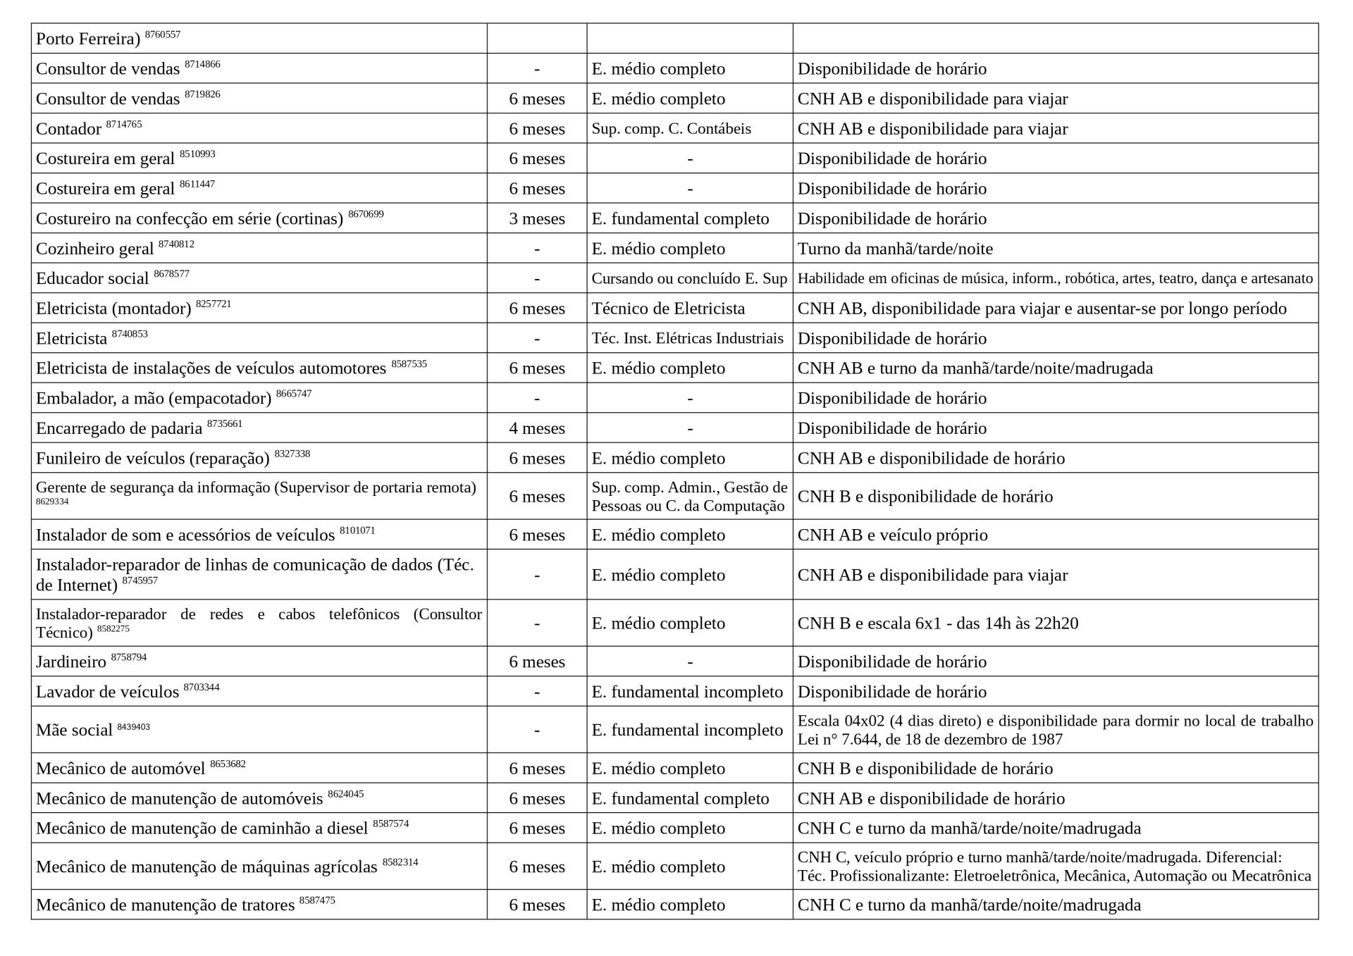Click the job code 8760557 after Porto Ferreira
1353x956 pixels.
click(163, 34)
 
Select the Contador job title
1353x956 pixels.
click(69, 129)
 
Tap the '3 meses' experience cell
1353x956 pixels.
click(537, 218)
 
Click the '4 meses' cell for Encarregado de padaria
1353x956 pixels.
click(537, 428)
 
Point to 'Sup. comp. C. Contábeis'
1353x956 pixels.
click(671, 129)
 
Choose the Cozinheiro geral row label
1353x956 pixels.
click(94, 249)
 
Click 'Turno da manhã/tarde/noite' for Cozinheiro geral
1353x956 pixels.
click(895, 249)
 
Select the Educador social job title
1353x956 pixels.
click(92, 278)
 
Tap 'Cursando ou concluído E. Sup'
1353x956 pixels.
click(689, 278)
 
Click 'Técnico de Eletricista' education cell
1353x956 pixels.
click(668, 309)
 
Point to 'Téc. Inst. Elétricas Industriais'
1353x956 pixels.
click(687, 338)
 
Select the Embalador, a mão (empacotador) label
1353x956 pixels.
click(154, 399)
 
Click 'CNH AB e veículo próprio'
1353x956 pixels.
click(892, 535)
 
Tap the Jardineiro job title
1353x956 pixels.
click(71, 662)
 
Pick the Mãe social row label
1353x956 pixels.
click(74, 730)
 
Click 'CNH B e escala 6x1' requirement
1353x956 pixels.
click(937, 623)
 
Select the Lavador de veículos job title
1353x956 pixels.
click(107, 692)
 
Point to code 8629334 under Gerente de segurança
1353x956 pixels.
click(52, 502)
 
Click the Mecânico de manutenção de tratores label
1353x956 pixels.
click(165, 905)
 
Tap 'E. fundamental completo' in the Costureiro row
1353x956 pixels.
click(680, 218)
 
